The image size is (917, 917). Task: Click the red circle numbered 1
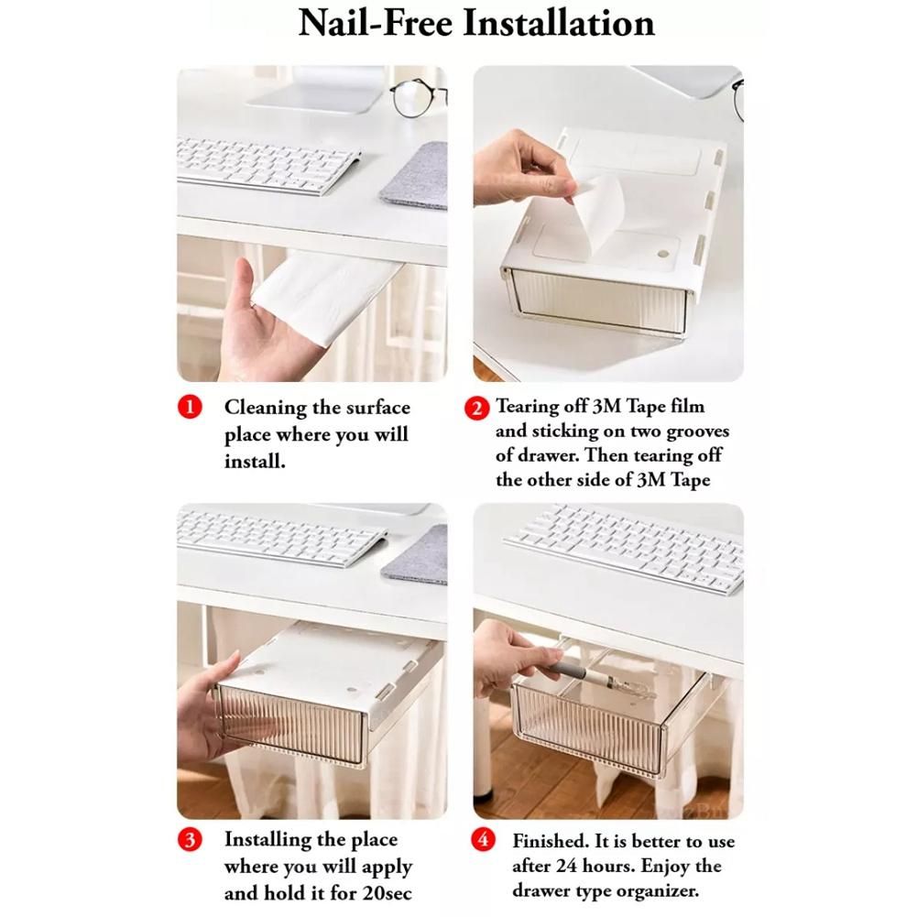(x=190, y=407)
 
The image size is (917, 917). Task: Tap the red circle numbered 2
(x=476, y=409)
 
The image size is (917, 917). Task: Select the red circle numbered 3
(x=190, y=840)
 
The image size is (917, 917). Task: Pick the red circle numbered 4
(x=483, y=840)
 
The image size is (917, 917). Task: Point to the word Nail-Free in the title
(x=376, y=24)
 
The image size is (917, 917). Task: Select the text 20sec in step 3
(x=387, y=893)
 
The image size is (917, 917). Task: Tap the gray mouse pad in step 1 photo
(x=415, y=176)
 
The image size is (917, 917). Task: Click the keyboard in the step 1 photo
(x=268, y=166)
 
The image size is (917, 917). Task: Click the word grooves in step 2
(x=698, y=431)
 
